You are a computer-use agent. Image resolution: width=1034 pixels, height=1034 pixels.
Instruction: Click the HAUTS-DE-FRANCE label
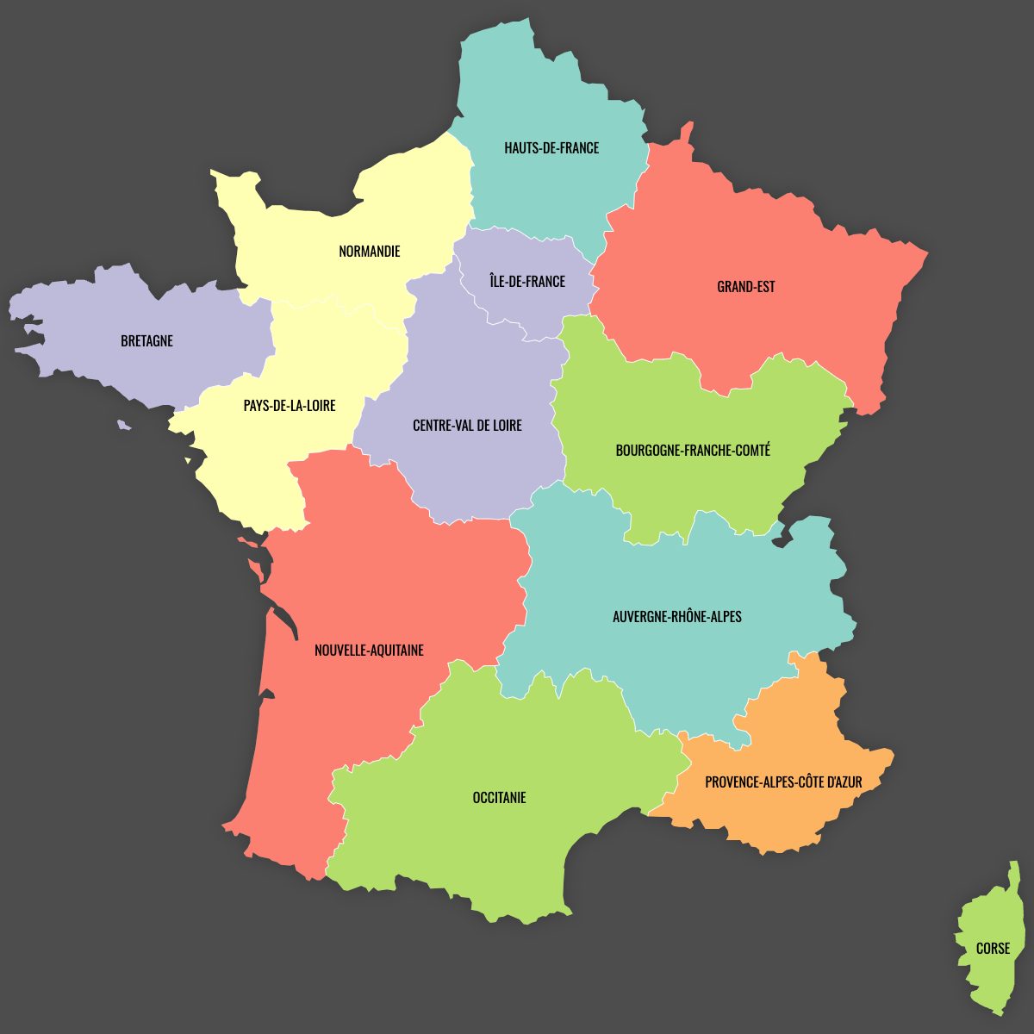[x=551, y=148]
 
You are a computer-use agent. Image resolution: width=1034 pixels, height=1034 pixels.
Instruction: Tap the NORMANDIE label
[x=370, y=252]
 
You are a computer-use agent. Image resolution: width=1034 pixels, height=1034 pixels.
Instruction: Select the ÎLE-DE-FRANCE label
[x=527, y=282]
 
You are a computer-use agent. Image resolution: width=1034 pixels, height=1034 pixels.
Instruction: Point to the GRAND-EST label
[x=746, y=287]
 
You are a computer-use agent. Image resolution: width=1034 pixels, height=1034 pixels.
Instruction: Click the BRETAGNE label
[x=146, y=341]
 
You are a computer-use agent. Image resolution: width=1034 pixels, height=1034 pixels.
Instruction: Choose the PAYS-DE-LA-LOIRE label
[x=290, y=406]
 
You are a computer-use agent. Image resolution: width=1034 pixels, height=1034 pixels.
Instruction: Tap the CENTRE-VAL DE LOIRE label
[x=467, y=426]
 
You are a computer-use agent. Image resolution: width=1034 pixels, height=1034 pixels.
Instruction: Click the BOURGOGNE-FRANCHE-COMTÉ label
[x=693, y=451]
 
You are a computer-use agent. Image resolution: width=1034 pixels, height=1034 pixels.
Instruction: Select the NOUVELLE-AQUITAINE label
[x=369, y=651]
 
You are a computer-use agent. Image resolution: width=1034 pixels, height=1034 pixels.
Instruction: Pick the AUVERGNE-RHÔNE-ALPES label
[x=677, y=617]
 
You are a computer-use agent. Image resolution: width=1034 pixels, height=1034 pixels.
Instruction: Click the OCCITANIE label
[x=499, y=798]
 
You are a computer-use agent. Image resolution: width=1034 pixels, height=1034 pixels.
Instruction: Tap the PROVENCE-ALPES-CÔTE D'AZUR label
[x=783, y=782]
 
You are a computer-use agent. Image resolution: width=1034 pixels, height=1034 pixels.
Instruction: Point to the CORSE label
[x=993, y=949]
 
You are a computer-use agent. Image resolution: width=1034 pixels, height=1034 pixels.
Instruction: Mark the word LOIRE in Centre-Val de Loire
[x=506, y=426]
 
